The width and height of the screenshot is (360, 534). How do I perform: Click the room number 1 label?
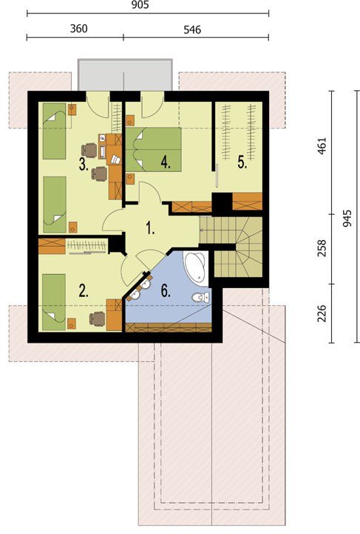click(x=150, y=227)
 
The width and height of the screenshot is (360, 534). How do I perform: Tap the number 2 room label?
click(x=84, y=291)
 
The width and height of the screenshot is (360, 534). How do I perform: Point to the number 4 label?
click(x=166, y=162)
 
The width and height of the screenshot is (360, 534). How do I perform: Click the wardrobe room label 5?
click(x=242, y=162)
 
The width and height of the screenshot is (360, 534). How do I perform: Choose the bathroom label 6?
click(x=166, y=292)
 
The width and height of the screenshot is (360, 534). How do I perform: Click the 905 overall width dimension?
click(x=140, y=4)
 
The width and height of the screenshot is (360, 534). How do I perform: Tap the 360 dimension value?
click(x=79, y=29)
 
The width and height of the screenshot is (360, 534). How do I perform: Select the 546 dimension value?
click(x=192, y=30)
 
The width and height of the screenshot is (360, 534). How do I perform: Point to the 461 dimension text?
click(x=322, y=146)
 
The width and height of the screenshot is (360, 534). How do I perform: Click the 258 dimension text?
click(x=322, y=248)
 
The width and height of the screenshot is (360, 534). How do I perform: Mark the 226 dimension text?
click(x=322, y=313)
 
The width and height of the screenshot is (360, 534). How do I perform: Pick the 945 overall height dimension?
click(x=347, y=219)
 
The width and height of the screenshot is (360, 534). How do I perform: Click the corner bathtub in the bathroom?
click(x=196, y=267)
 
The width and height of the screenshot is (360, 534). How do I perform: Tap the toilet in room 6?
click(x=200, y=298)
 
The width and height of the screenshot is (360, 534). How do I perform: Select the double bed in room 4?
click(x=153, y=149)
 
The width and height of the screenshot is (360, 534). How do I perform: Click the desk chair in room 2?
click(x=98, y=319)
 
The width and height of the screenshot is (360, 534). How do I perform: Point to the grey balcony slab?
click(x=125, y=75)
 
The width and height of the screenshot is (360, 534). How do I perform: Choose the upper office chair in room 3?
click(x=89, y=151)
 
